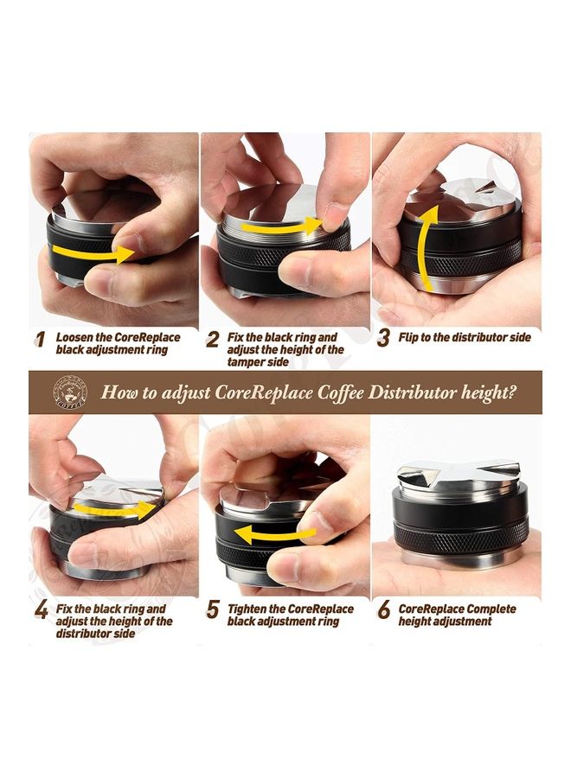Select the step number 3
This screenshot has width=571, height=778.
pyautogui.click(x=383, y=338)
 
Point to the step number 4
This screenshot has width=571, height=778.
pyautogui.click(x=41, y=611)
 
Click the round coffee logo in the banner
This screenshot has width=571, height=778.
pyautogui.click(x=68, y=392)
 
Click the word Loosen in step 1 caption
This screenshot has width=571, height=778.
pyautogui.click(x=77, y=337)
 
